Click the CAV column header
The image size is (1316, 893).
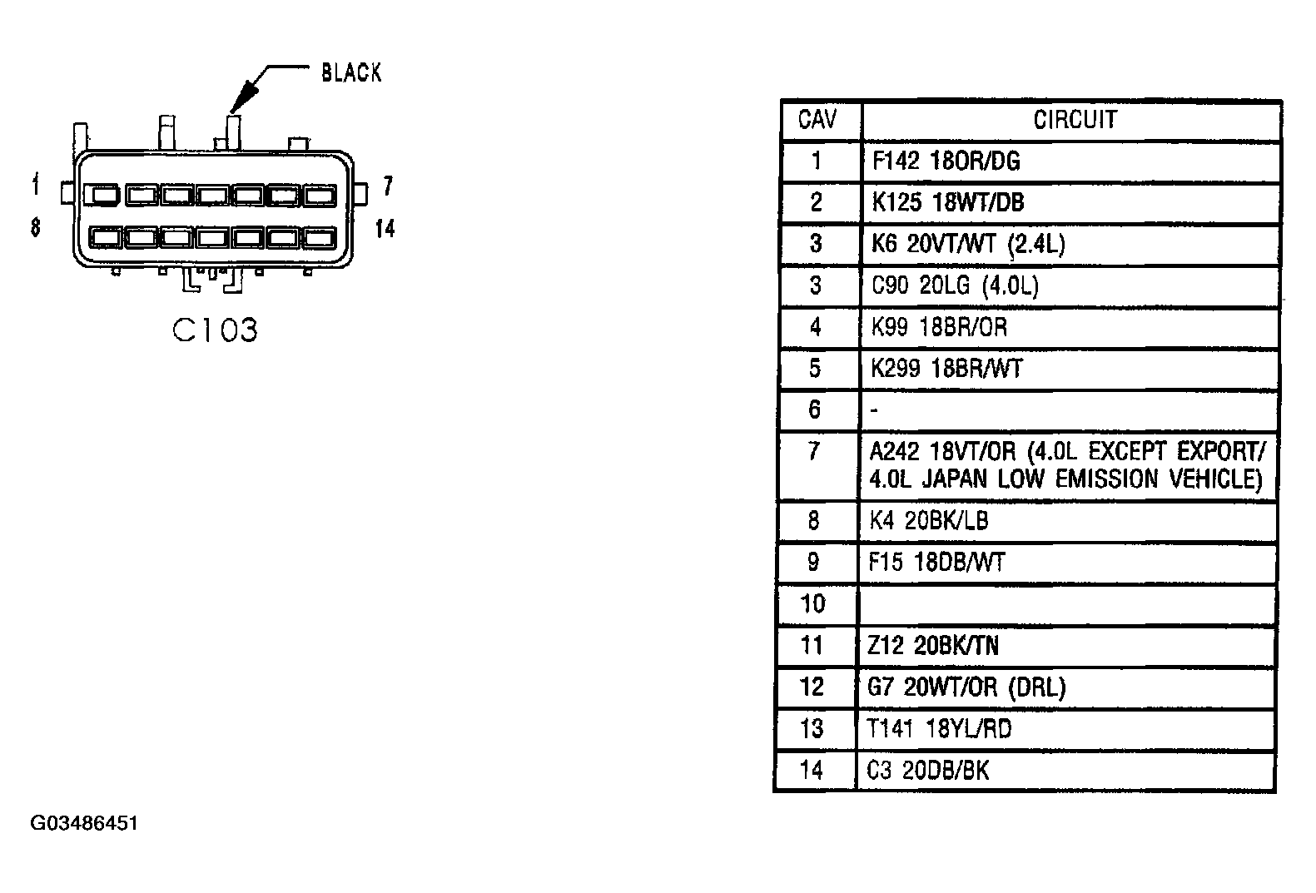point(817,119)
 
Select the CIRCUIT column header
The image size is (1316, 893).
point(1075,120)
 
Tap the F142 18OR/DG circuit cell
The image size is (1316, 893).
point(946,161)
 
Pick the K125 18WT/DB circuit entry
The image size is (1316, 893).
point(947,202)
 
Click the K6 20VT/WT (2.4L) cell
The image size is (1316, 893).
point(967,244)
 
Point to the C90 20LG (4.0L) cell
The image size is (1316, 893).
point(955,285)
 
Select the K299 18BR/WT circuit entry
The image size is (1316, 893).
point(946,369)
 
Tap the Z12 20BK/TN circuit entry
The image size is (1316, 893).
point(933,646)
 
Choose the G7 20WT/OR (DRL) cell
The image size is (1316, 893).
point(966,687)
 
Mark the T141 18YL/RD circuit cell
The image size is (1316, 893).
point(940,729)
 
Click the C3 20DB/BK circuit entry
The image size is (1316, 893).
point(927,770)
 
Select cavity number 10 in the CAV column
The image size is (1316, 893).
point(813,604)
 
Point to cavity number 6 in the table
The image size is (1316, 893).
point(814,409)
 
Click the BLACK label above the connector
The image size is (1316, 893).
point(351,73)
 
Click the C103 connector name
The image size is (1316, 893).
point(215,330)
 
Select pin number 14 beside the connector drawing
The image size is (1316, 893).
point(385,229)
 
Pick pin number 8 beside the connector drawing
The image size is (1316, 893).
point(35,227)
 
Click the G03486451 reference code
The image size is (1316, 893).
point(84,824)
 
